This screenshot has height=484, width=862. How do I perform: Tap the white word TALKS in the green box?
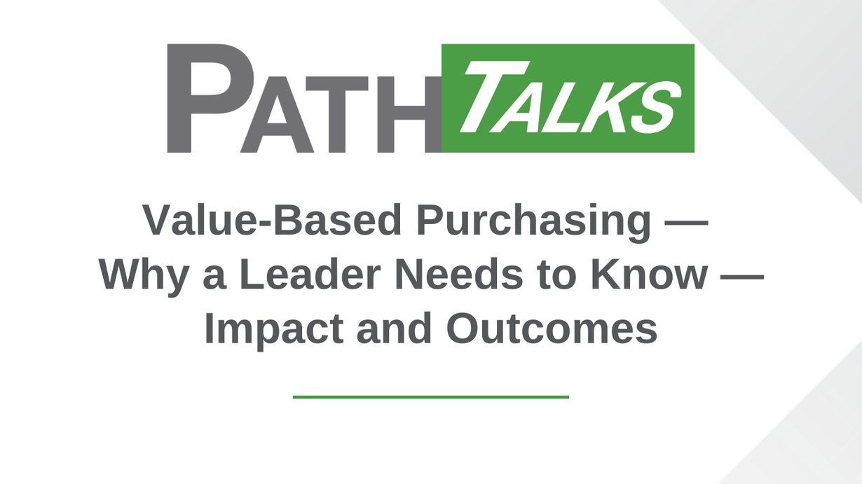[x=570, y=97]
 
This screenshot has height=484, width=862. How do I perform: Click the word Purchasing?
[x=534, y=223]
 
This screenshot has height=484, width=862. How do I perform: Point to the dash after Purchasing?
[x=687, y=223]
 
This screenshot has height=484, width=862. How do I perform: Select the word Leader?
[x=310, y=274]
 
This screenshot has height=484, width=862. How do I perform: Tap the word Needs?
[x=459, y=274]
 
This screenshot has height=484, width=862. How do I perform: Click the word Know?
[x=650, y=274]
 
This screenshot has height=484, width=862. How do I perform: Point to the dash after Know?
[x=742, y=277]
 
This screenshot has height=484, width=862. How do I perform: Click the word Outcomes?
[x=552, y=329]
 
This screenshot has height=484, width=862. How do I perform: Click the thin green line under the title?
[x=431, y=397]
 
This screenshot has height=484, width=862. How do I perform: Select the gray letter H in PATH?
[x=409, y=114]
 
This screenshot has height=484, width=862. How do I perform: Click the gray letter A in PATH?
[x=277, y=114]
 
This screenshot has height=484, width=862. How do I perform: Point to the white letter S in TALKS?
[x=657, y=108]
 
